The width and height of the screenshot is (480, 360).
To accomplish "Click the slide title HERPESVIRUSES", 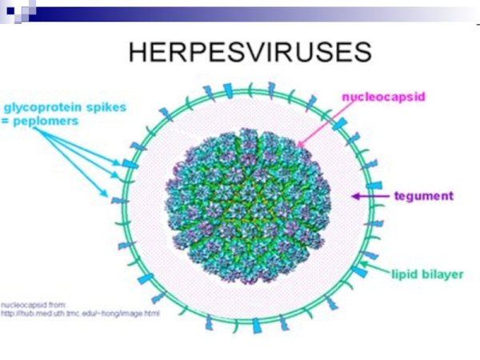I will pos(250,52).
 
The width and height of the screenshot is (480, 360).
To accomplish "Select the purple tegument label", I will pos(425,195).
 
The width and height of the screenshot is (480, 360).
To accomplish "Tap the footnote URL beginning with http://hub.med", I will pos(80,313).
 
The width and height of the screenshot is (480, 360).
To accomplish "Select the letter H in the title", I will pos(138,52).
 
